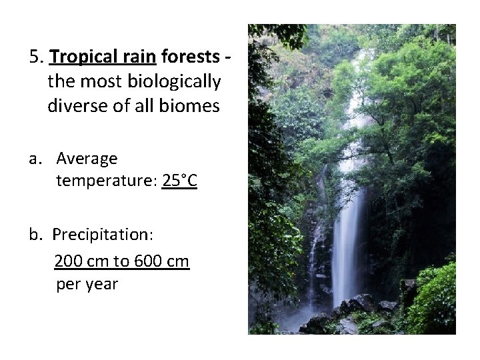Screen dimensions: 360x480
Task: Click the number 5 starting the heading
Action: [x=35, y=57]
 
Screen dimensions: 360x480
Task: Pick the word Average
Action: [x=87, y=159]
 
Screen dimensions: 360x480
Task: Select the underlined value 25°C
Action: [x=179, y=181]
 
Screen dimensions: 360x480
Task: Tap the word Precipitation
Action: [x=103, y=235]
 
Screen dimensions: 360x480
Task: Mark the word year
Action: [x=101, y=285]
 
